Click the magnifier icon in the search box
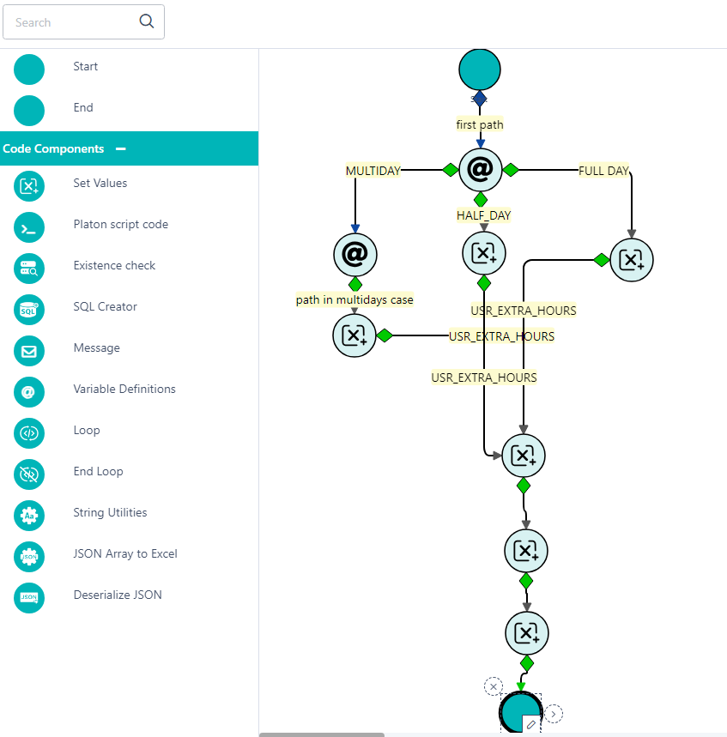[147, 21]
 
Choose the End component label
[83, 108]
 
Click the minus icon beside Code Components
[121, 148]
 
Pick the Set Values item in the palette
[100, 184]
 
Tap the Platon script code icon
[29, 227]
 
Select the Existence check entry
[114, 266]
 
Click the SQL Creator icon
[29, 310]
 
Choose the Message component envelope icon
[29, 351]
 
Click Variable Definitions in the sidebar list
[124, 390]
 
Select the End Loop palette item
[98, 472]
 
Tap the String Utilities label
[110, 513]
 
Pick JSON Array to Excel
[125, 554]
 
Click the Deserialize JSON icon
[29, 598]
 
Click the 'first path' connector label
[480, 124]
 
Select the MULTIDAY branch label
[373, 171]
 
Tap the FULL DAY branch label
[603, 171]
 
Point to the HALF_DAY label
[483, 215]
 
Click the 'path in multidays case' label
[354, 300]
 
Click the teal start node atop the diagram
[480, 69]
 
